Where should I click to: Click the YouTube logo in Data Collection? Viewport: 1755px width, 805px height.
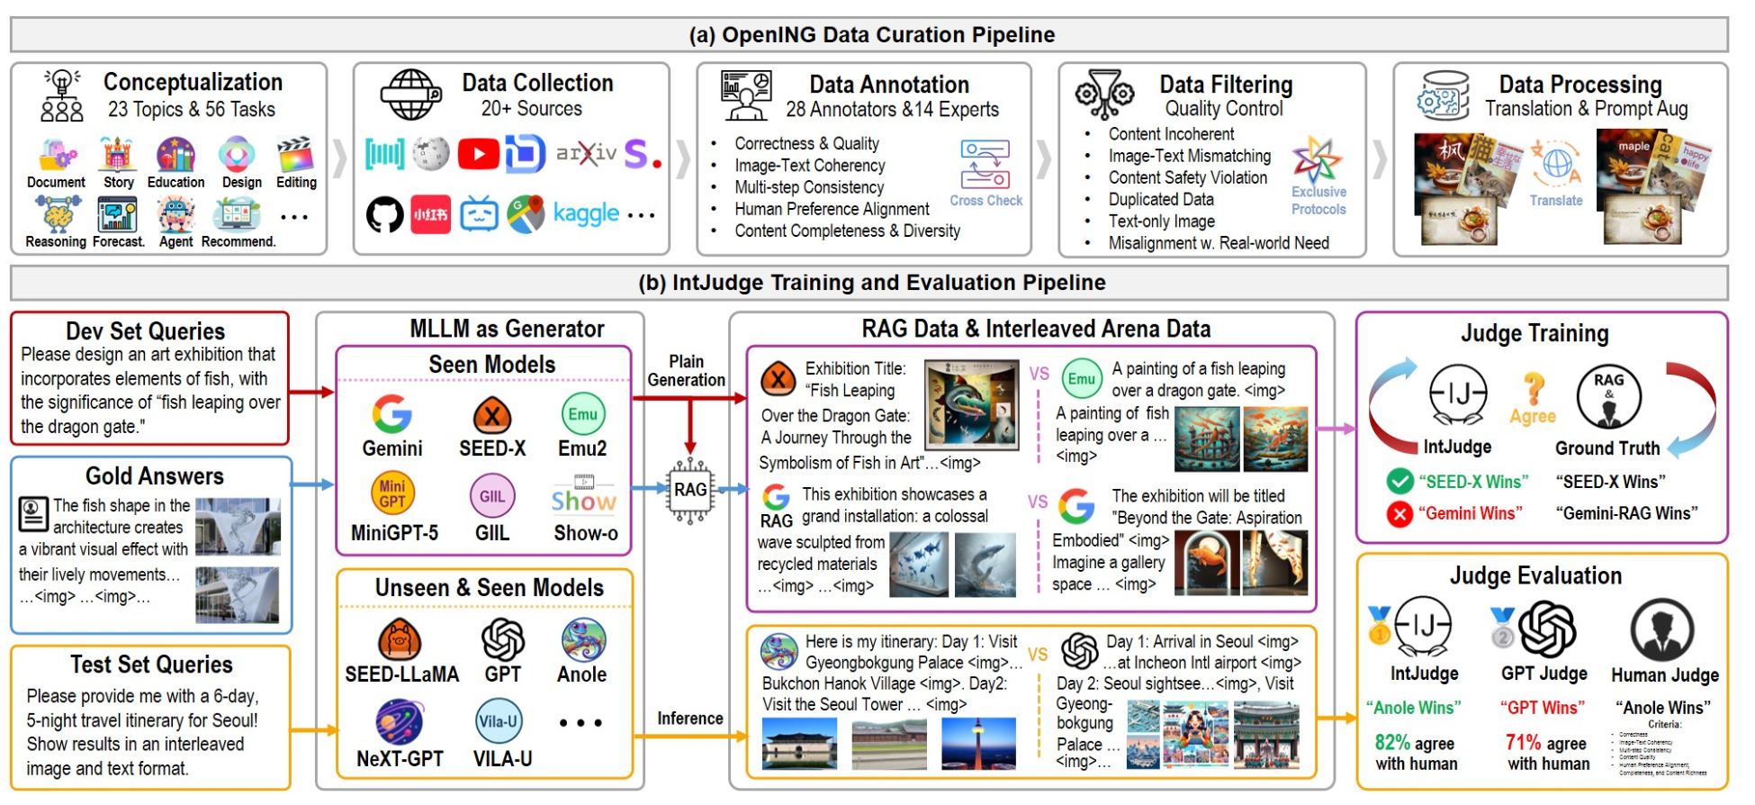pos(478,154)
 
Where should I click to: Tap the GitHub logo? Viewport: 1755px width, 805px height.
pos(384,215)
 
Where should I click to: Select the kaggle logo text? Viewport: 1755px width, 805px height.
pos(586,214)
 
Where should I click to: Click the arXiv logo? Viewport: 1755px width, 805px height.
pos(586,154)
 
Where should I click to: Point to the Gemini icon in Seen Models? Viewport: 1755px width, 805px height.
pos(391,414)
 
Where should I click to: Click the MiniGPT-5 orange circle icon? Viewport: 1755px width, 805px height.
pos(392,493)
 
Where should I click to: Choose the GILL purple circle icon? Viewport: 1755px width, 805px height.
pos(491,496)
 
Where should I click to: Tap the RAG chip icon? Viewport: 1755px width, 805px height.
pos(690,490)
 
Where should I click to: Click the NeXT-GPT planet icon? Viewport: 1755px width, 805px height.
pos(400,722)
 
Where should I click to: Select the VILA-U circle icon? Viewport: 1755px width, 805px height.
pos(499,721)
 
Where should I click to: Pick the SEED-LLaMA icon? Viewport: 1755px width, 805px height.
pos(400,640)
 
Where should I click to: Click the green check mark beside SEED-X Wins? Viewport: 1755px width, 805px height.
pos(1399,482)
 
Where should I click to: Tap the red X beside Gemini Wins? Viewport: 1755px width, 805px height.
pos(1399,513)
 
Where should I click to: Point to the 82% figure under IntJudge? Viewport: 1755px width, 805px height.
pos(1391,743)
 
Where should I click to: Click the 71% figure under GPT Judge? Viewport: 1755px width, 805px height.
pos(1523,743)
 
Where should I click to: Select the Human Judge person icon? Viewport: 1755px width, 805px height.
pos(1662,629)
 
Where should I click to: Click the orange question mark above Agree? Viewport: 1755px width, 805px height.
pos(1533,388)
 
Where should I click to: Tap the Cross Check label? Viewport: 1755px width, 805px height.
pos(985,201)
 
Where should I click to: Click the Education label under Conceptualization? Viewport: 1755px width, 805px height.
pos(175,183)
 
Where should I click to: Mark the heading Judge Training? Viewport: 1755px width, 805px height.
pos(1534,334)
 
